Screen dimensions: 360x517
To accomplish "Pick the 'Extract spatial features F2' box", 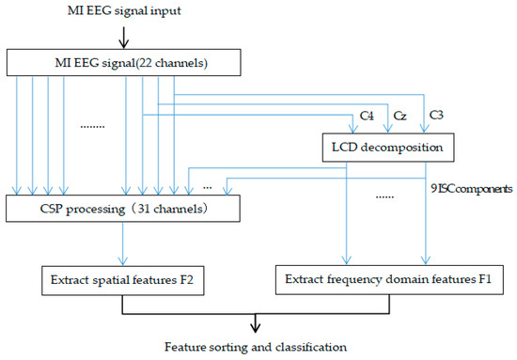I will coord(121,279).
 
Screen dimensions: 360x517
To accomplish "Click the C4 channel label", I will coord(368,117).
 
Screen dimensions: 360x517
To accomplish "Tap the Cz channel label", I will coord(399,117).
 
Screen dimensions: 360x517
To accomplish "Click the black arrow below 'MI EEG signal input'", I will coord(123,38).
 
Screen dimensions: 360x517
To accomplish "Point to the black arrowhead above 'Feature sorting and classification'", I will coord(254,328).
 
